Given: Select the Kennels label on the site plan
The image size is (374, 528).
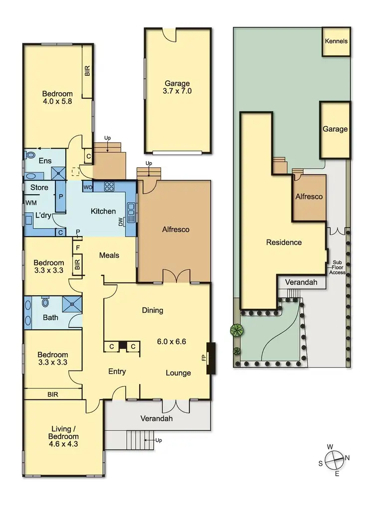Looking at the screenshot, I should [x=336, y=41].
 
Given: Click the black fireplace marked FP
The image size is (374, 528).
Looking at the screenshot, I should [x=210, y=358].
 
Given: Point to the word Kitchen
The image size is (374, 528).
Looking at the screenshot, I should [x=103, y=211].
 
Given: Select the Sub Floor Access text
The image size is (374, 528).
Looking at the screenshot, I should [x=337, y=267].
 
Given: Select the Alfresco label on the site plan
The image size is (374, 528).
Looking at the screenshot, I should [x=309, y=196].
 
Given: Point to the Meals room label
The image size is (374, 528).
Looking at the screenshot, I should [x=109, y=255].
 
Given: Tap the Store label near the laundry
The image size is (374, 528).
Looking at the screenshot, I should [x=39, y=187].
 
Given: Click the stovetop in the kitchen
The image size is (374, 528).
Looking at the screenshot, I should [x=109, y=187].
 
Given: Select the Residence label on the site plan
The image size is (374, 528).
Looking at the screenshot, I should [x=284, y=243].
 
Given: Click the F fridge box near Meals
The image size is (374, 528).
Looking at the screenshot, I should [x=78, y=247].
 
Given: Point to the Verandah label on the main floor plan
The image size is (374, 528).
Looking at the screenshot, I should [x=156, y=418].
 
